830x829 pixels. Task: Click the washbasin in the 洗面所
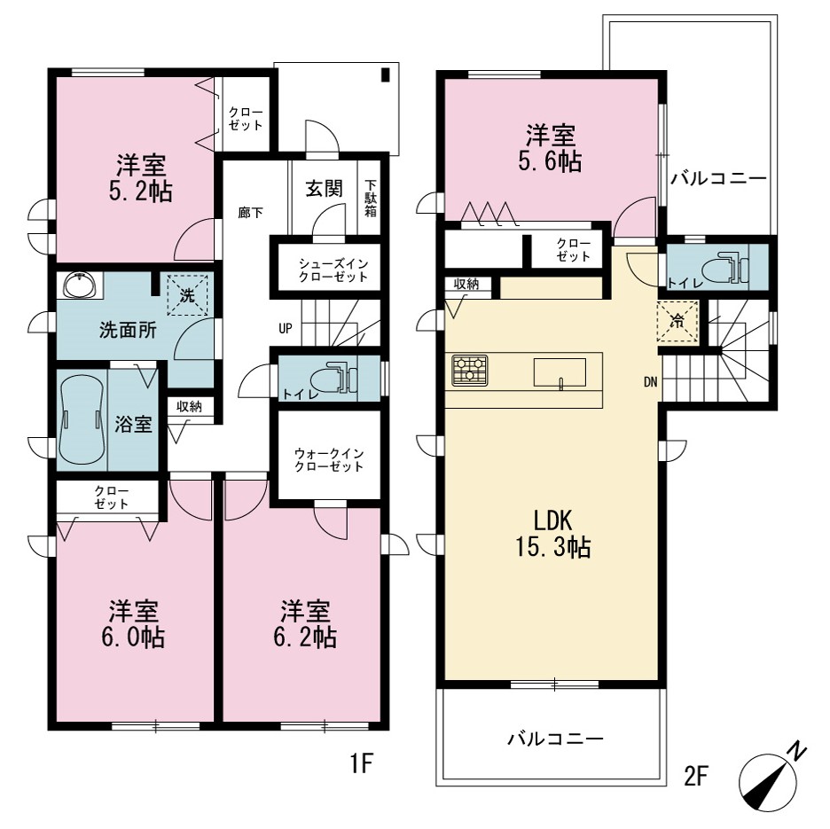tap(80, 285)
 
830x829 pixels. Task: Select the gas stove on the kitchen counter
tap(469, 370)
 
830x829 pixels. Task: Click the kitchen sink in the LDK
tap(560, 372)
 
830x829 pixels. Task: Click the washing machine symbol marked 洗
tap(187, 295)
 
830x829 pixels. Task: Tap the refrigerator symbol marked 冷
tap(677, 321)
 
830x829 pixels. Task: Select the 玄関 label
tap(324, 189)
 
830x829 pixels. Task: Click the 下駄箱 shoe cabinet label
tap(371, 199)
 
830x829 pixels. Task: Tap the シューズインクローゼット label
tap(333, 270)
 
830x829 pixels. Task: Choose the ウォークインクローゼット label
tap(329, 460)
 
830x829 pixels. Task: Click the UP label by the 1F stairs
tap(286, 329)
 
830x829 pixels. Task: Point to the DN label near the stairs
tap(651, 381)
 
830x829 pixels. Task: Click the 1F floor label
tap(362, 764)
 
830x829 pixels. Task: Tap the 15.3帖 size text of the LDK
tap(553, 547)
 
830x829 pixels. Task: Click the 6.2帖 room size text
tap(305, 637)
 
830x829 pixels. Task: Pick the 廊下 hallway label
tap(250, 213)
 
